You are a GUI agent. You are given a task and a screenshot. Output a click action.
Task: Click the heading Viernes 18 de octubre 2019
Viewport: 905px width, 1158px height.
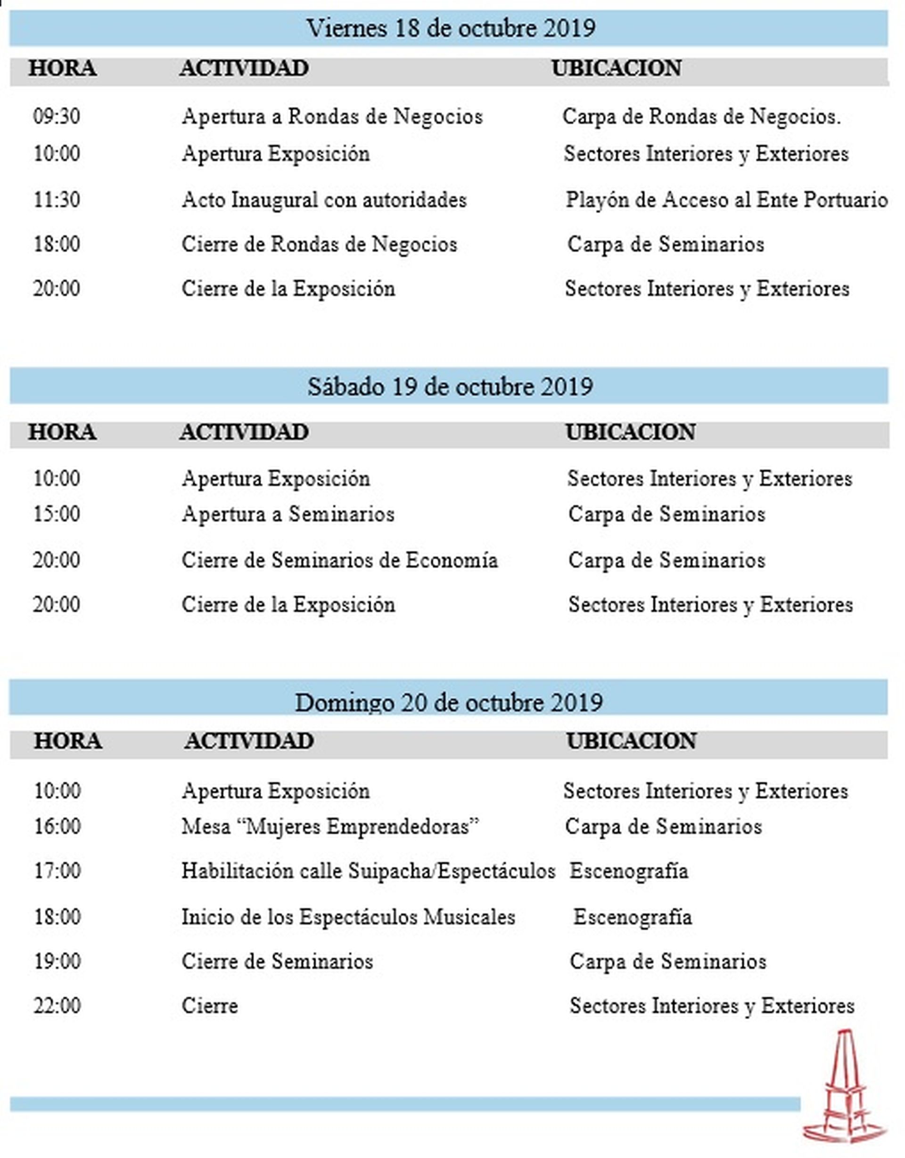pos(451,28)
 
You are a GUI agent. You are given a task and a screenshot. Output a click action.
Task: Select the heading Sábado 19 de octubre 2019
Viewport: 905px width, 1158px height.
pos(450,386)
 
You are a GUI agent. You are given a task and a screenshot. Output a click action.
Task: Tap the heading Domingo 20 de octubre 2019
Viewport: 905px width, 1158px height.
pos(449,702)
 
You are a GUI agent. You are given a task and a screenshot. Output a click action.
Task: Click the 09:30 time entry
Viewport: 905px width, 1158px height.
pos(57,116)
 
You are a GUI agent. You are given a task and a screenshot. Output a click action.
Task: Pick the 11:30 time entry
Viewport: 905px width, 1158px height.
pos(57,200)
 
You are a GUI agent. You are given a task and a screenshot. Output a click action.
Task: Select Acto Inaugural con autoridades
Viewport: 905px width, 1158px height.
pos(324,200)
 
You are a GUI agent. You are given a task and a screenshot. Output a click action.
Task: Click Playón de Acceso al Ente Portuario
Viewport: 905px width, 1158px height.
pos(726,200)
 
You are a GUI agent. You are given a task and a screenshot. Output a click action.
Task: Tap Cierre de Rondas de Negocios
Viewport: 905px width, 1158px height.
pos(320,245)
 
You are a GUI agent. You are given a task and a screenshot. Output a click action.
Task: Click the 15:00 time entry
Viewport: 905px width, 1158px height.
pos(57,514)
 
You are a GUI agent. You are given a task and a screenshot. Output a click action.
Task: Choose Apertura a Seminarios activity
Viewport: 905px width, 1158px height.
pos(288,514)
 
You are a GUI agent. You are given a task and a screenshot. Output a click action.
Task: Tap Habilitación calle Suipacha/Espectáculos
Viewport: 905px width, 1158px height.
pos(368,871)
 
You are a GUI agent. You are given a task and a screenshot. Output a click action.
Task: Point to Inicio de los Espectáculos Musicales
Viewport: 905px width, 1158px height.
pos(348,917)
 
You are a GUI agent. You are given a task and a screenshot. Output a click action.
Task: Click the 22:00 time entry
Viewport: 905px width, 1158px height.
pos(58,1006)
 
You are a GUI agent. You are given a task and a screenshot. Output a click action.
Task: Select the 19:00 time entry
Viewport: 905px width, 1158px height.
pos(58,961)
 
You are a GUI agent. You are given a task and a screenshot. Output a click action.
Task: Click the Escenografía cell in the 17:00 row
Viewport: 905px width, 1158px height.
pos(629,871)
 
